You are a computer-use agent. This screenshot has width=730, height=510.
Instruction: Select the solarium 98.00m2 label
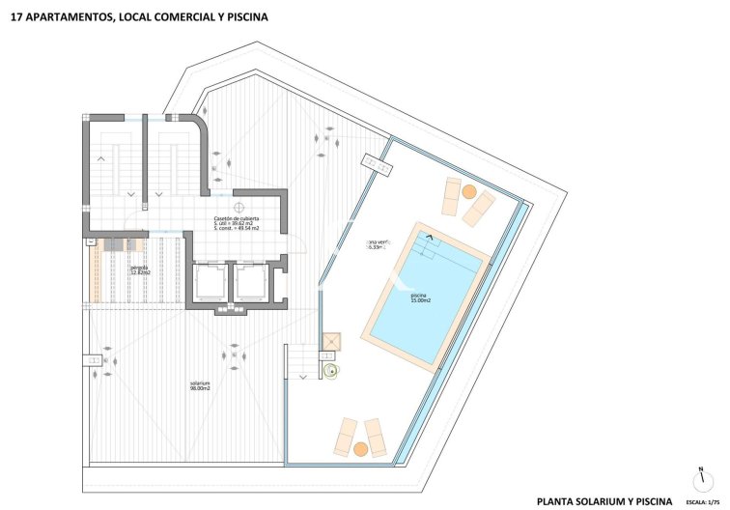pyautogui.click(x=200, y=386)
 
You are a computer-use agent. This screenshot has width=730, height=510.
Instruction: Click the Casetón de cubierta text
pyautogui.click(x=237, y=220)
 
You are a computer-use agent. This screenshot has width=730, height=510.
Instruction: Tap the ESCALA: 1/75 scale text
pyautogui.click(x=704, y=502)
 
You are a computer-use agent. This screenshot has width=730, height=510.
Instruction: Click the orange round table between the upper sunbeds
pyautogui.click(x=468, y=192)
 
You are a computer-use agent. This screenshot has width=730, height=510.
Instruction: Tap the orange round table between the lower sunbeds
pyautogui.click(x=361, y=448)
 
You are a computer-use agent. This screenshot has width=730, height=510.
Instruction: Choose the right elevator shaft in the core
pyautogui.click(x=252, y=281)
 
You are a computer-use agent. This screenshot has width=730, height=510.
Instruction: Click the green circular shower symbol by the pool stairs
pyautogui.click(x=333, y=369)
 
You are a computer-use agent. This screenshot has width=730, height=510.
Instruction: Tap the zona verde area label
pyautogui.click(x=380, y=244)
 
